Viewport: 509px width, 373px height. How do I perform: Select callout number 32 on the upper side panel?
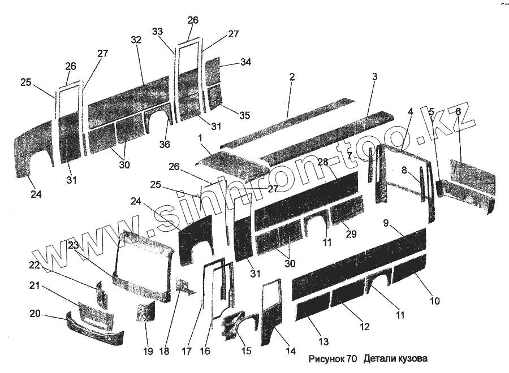click(x=136, y=40)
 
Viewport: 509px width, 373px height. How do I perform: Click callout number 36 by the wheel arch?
click(x=164, y=145)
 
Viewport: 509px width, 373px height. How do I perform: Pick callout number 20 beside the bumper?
click(x=34, y=313)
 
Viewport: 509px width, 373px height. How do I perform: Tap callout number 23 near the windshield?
click(x=74, y=245)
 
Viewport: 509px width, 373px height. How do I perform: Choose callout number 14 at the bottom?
click(x=290, y=351)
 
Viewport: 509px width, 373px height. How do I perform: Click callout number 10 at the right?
click(x=434, y=301)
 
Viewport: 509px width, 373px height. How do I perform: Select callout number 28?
click(x=322, y=162)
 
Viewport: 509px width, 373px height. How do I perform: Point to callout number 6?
click(x=458, y=112)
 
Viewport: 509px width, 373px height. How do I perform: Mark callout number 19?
click(x=148, y=352)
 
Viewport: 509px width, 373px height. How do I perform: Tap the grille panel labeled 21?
click(x=95, y=314)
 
